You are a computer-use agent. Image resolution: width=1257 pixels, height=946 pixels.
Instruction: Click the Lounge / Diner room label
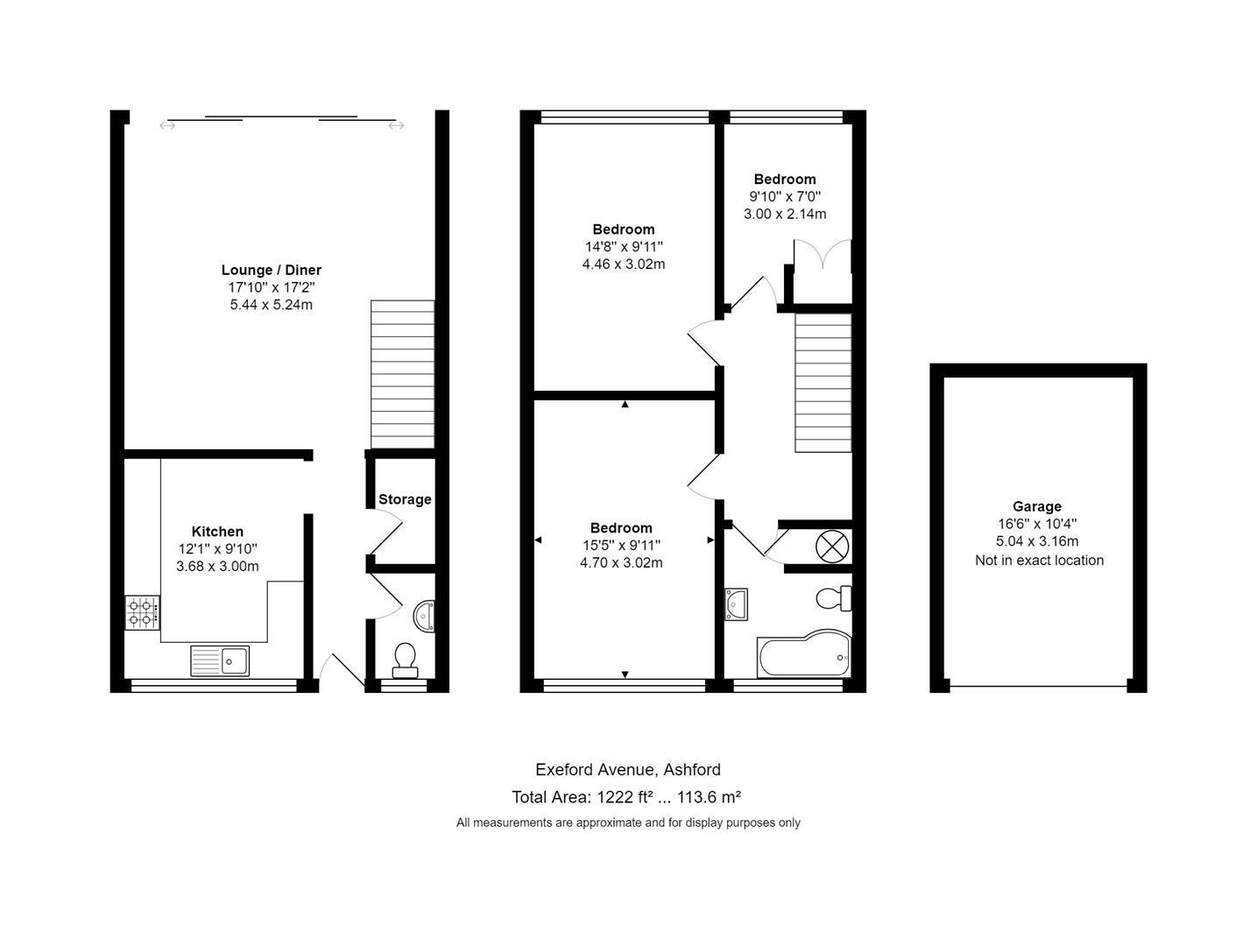coord(271,270)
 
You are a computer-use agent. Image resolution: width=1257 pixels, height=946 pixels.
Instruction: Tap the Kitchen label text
coord(217,532)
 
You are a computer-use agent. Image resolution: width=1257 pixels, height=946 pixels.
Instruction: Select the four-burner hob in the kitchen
coord(143,612)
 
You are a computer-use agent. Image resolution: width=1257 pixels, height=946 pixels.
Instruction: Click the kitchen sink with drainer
coord(220,660)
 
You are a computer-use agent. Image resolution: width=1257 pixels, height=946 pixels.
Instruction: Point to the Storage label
coord(405,499)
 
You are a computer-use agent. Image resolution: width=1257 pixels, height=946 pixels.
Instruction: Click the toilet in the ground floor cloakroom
coord(405,660)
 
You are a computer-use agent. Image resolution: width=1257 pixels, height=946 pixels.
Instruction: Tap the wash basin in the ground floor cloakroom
coord(424,616)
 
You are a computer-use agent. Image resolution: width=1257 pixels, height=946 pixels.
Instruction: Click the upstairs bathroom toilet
coord(834,598)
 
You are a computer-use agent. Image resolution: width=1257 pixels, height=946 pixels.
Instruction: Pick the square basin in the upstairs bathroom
coord(737,604)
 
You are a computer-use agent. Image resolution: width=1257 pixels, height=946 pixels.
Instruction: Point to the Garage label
coord(1037,506)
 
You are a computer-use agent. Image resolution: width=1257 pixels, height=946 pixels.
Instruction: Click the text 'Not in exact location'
coord(1040,560)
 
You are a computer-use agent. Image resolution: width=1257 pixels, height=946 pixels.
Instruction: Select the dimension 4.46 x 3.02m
coord(624,264)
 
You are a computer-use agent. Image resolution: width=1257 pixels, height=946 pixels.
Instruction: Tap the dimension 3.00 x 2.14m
coord(785,215)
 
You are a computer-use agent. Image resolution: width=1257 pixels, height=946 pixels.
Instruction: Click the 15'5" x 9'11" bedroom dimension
coord(621,545)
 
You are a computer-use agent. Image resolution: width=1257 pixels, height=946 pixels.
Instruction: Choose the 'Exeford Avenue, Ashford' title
coord(628,770)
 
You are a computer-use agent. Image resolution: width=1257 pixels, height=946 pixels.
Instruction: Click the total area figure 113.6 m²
coord(710,796)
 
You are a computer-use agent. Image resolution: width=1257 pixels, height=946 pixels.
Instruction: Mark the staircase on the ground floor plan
coord(403,375)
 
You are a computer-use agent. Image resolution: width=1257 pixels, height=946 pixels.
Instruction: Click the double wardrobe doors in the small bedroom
coord(823,254)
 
